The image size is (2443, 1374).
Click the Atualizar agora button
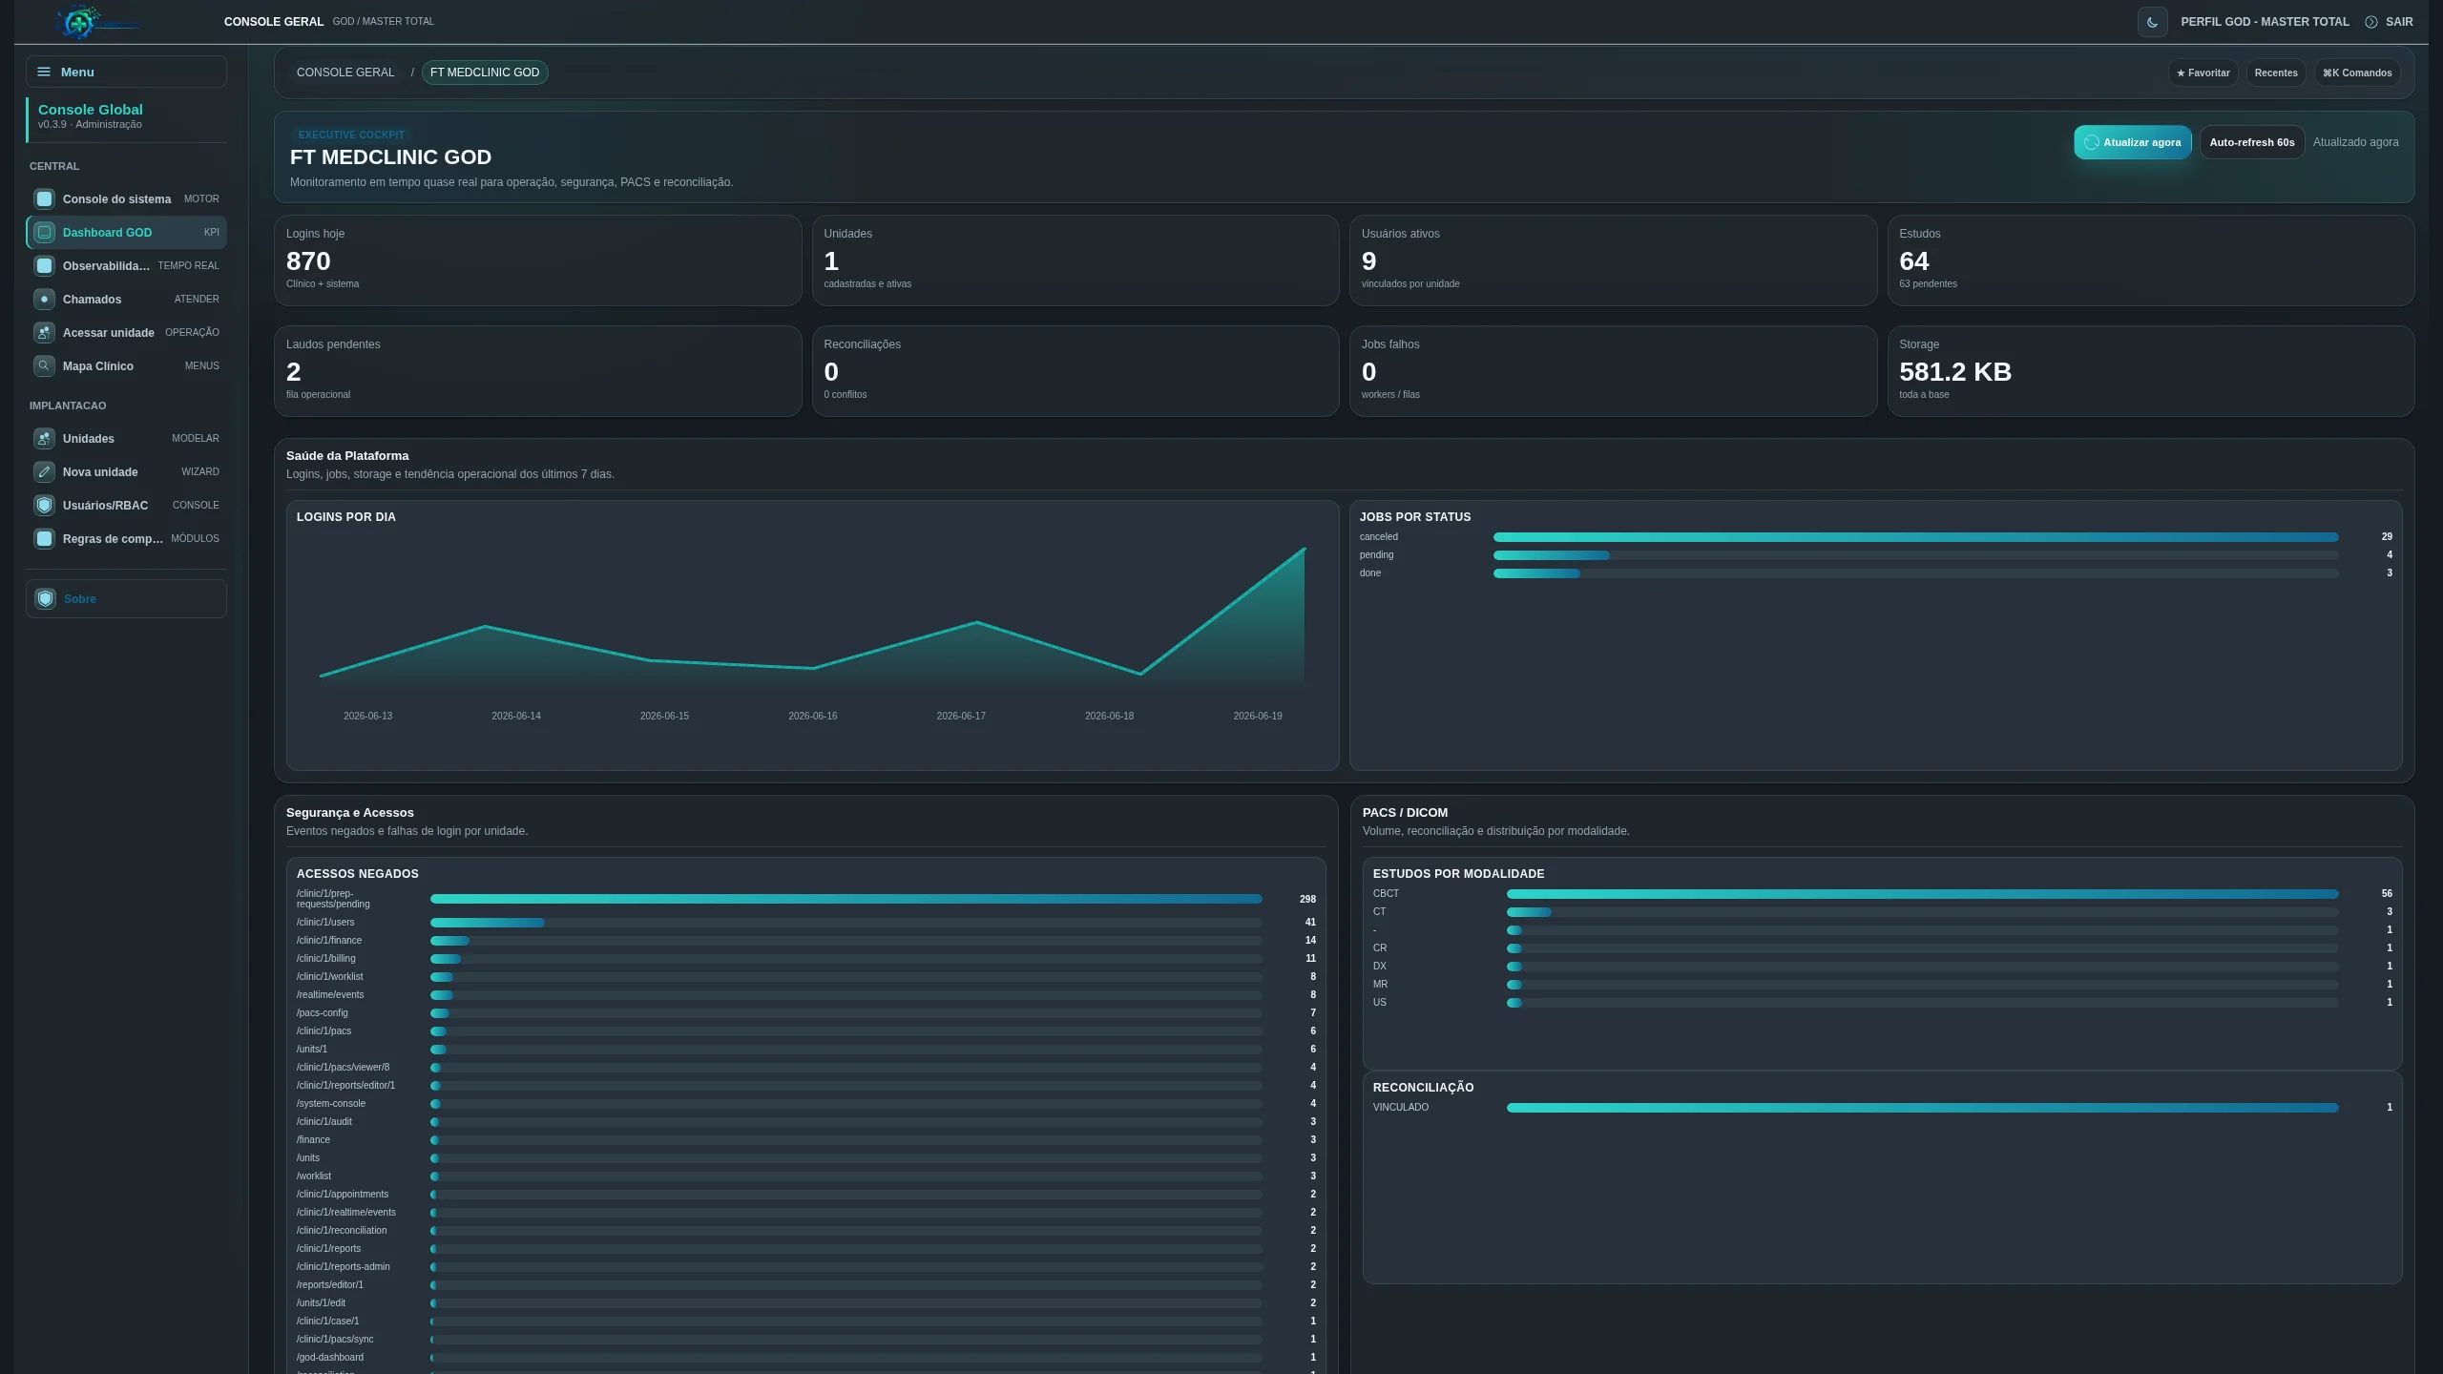2132,142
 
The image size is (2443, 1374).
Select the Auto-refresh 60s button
2252,142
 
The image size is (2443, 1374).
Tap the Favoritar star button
2203,73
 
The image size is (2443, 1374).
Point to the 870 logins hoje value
308,261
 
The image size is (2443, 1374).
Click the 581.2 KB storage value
1955,372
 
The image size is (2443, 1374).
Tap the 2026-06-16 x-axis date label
813,716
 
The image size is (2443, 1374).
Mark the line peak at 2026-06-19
1305,548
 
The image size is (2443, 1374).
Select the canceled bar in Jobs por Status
1915,537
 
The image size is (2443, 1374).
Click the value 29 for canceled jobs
2387,537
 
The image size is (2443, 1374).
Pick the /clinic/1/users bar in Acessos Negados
487,923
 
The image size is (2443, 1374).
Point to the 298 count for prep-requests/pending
1307,899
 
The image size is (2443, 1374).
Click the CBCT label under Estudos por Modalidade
1386,894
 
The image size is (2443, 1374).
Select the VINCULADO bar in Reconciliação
1922,1108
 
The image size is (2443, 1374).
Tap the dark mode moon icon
2153,22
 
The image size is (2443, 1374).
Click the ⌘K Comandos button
2357,73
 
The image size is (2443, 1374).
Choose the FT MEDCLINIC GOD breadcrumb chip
485,73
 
